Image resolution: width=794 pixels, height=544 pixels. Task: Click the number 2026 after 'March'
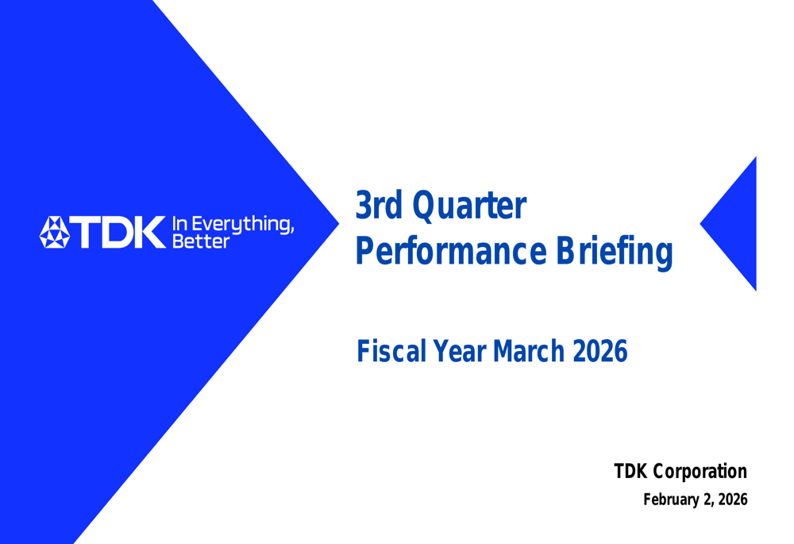click(x=599, y=350)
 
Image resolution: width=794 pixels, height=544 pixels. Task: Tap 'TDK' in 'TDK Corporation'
click(x=631, y=472)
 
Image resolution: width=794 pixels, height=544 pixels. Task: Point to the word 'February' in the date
click(x=668, y=500)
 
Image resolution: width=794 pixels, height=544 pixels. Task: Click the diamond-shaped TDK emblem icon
click(x=55, y=232)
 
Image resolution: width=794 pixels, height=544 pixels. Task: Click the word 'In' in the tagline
click(x=179, y=225)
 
